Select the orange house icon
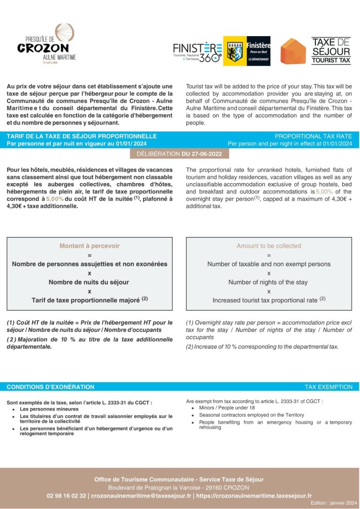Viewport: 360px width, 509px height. [293, 51]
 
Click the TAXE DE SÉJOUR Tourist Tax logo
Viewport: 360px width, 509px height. [331, 51]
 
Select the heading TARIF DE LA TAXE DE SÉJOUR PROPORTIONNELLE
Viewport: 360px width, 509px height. [82, 136]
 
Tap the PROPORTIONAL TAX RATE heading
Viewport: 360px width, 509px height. [313, 136]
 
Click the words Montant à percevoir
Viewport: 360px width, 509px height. [90, 246]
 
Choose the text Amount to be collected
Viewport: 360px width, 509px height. [269, 246]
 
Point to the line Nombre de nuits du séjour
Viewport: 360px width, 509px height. [89, 282]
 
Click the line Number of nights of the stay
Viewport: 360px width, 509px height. [268, 282]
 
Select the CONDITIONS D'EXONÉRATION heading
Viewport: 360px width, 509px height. [51, 387]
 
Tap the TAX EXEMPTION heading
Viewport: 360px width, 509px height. [328, 387]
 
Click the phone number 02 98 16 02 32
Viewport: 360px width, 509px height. [67, 495]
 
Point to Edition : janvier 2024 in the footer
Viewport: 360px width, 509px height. [333, 503]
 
